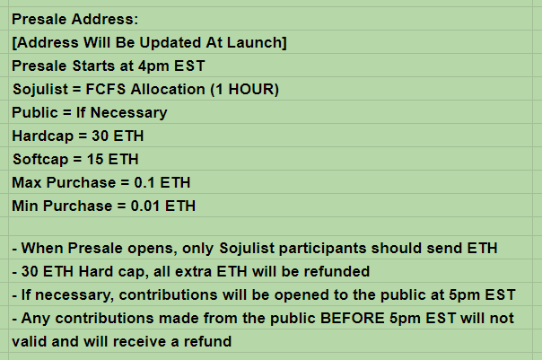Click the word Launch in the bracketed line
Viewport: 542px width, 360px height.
[x=249, y=42]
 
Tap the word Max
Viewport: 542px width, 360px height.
[x=27, y=183]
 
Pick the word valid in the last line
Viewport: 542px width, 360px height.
[x=31, y=342]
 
